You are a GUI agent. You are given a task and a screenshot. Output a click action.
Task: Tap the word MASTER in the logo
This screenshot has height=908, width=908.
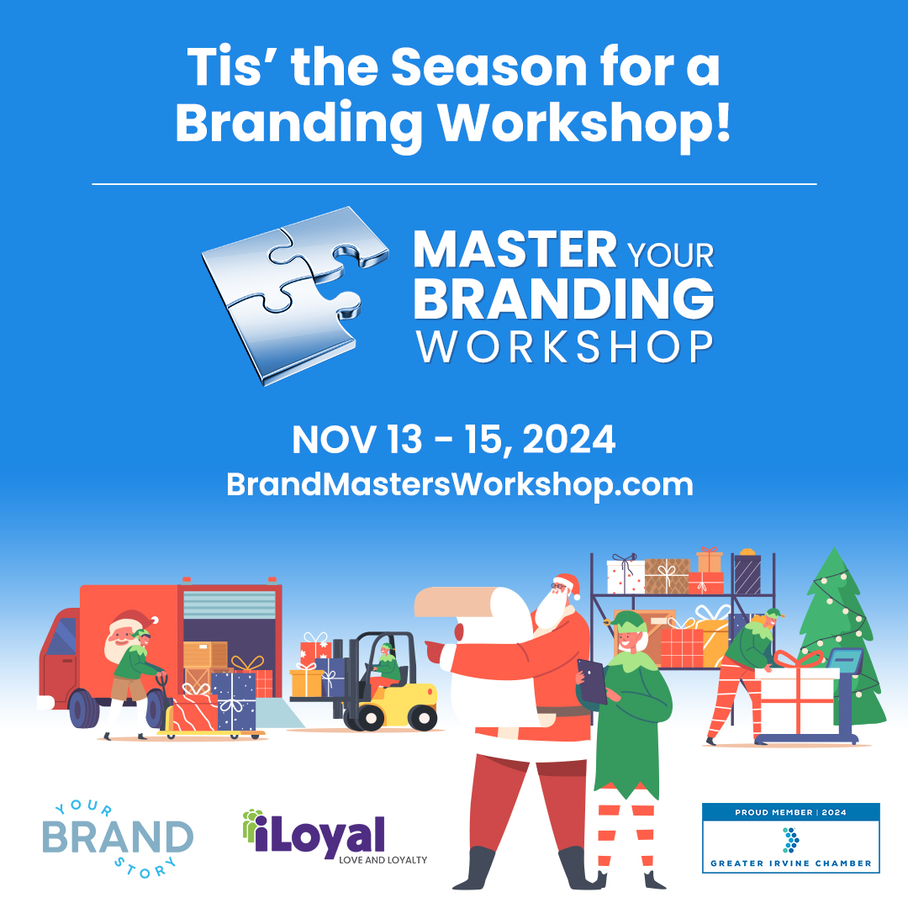(x=515, y=251)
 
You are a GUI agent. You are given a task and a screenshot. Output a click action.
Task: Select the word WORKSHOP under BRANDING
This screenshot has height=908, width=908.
(x=565, y=347)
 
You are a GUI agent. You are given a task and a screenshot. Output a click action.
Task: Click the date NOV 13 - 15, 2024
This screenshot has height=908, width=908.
(x=453, y=440)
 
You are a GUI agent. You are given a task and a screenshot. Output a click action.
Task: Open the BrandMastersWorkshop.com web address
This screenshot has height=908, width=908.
(x=460, y=484)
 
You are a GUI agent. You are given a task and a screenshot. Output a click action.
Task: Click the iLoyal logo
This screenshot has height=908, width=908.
(x=335, y=837)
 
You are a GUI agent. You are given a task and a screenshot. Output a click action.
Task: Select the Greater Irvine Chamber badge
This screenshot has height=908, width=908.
(x=790, y=837)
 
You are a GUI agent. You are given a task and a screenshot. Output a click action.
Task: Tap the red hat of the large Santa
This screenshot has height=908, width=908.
(x=567, y=585)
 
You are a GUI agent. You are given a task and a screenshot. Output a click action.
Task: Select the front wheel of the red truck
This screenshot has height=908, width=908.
(x=85, y=708)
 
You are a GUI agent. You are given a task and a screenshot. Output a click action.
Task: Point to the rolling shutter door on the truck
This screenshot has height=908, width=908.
(x=230, y=605)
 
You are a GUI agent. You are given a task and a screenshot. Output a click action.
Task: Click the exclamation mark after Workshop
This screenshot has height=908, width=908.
(x=723, y=121)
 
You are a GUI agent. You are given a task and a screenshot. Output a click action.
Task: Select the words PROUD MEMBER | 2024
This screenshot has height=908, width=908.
(x=790, y=812)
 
